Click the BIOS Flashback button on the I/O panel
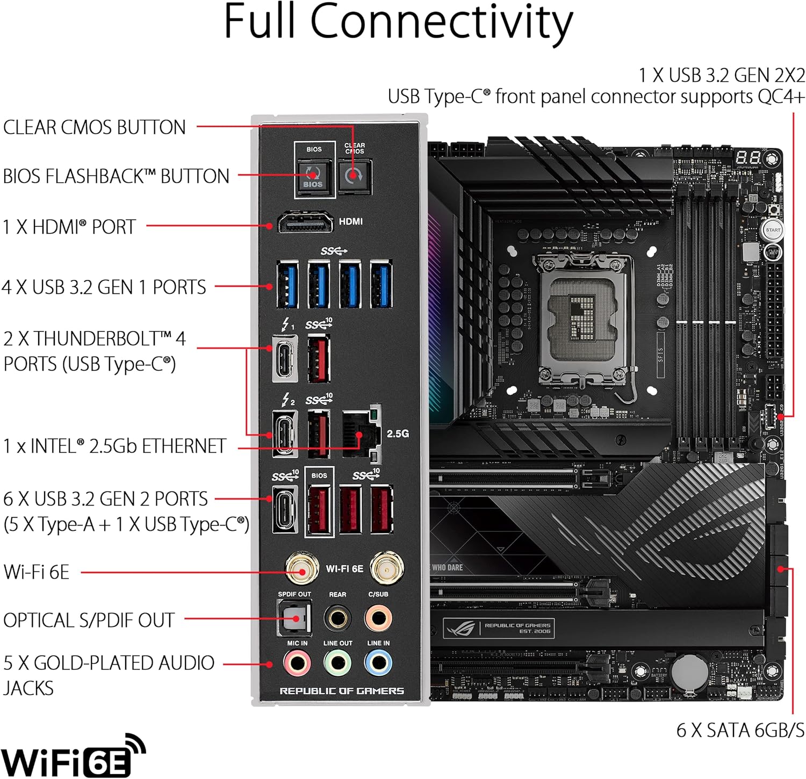(313, 176)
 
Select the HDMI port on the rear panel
(305, 222)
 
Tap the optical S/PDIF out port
(294, 617)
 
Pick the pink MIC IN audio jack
(297, 663)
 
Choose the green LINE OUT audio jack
(337, 663)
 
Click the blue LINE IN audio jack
(378, 663)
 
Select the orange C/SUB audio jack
(378, 618)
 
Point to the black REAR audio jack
(337, 618)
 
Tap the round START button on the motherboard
(773, 230)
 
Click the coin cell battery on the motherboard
(689, 672)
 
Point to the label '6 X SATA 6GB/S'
(740, 730)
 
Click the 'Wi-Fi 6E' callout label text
(37, 572)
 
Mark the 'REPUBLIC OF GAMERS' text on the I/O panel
(342, 691)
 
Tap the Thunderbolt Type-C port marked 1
(285, 358)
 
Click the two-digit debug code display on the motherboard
(748, 157)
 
